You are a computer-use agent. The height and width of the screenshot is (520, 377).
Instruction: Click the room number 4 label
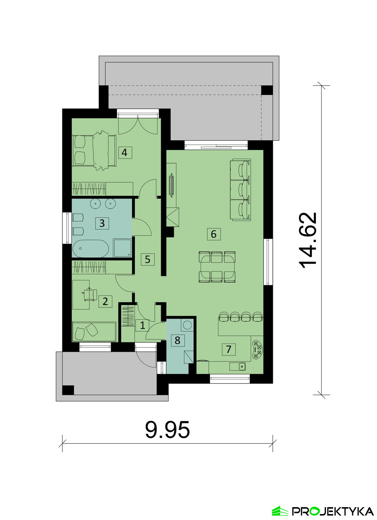click(125, 152)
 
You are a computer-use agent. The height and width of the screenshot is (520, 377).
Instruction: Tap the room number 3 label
click(102, 223)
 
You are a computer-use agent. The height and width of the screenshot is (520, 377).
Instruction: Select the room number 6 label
click(214, 234)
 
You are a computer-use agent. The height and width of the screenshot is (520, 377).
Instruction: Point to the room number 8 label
click(177, 340)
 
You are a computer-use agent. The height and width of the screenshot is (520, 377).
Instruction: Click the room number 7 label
click(228, 349)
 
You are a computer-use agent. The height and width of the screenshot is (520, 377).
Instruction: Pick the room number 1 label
click(142, 325)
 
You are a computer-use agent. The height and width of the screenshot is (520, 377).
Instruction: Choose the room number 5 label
click(147, 259)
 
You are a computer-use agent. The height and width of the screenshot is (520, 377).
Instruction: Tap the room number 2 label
click(105, 301)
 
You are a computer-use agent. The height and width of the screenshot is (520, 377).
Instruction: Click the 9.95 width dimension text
click(167, 430)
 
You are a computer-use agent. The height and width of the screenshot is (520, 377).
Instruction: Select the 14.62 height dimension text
click(308, 240)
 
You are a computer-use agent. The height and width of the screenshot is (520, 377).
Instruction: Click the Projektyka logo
click(323, 511)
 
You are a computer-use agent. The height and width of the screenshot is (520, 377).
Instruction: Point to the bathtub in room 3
click(90, 249)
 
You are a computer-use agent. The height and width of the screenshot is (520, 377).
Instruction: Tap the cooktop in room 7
click(257, 350)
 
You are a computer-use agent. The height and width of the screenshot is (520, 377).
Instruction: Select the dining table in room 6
click(217, 267)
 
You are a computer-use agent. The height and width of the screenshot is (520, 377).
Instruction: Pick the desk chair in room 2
click(90, 294)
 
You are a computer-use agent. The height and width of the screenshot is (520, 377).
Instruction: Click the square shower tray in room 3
click(123, 248)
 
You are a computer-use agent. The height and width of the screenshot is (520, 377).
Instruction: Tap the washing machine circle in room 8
click(187, 325)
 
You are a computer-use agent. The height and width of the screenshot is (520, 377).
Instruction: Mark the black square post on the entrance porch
click(68, 390)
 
